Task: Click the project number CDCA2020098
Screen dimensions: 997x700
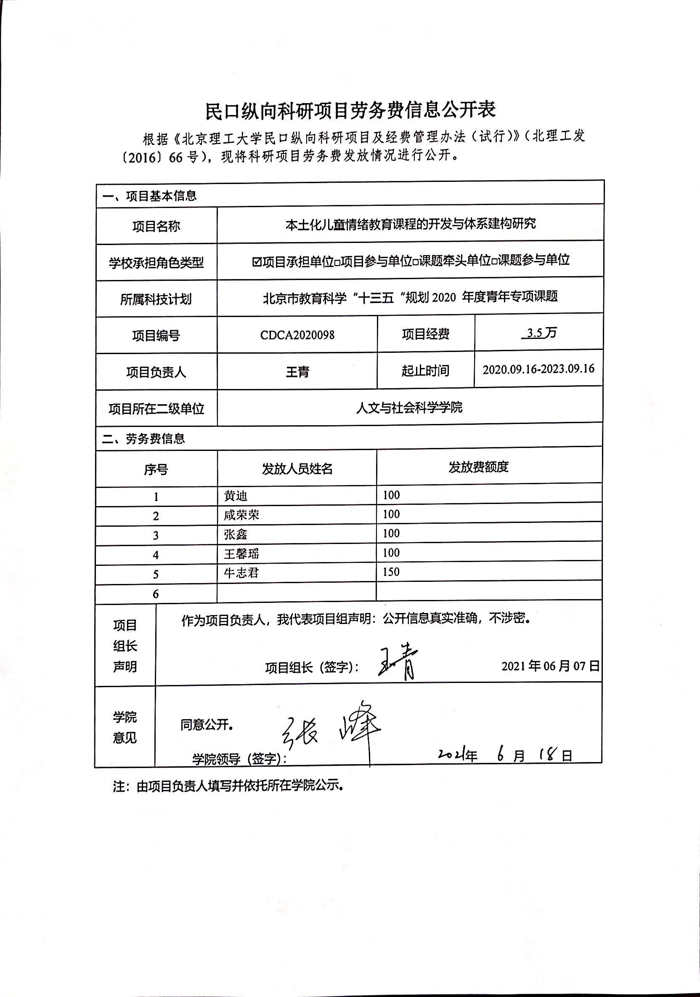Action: point(297,335)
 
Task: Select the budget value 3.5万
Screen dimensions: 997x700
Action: point(539,333)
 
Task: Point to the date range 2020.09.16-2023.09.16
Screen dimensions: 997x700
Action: point(538,369)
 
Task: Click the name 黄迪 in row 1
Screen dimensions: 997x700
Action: point(235,496)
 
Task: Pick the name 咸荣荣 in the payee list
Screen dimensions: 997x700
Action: point(241,515)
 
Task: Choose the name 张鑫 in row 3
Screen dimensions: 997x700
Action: point(235,534)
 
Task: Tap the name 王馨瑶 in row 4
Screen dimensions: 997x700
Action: point(241,554)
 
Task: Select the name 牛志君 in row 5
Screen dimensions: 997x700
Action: point(241,573)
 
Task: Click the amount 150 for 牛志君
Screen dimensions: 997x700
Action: point(391,572)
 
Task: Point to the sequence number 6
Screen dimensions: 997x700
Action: point(156,594)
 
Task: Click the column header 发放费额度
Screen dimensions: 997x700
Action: point(478,467)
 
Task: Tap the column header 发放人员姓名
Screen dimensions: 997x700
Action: point(297,469)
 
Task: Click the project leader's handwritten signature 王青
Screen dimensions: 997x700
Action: point(398,663)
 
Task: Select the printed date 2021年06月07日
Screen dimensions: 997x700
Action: point(550,666)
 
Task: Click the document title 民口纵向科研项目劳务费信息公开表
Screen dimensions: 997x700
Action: point(350,111)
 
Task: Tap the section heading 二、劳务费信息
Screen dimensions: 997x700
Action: point(143,439)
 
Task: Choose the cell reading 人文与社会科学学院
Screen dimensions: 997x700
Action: point(409,407)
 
